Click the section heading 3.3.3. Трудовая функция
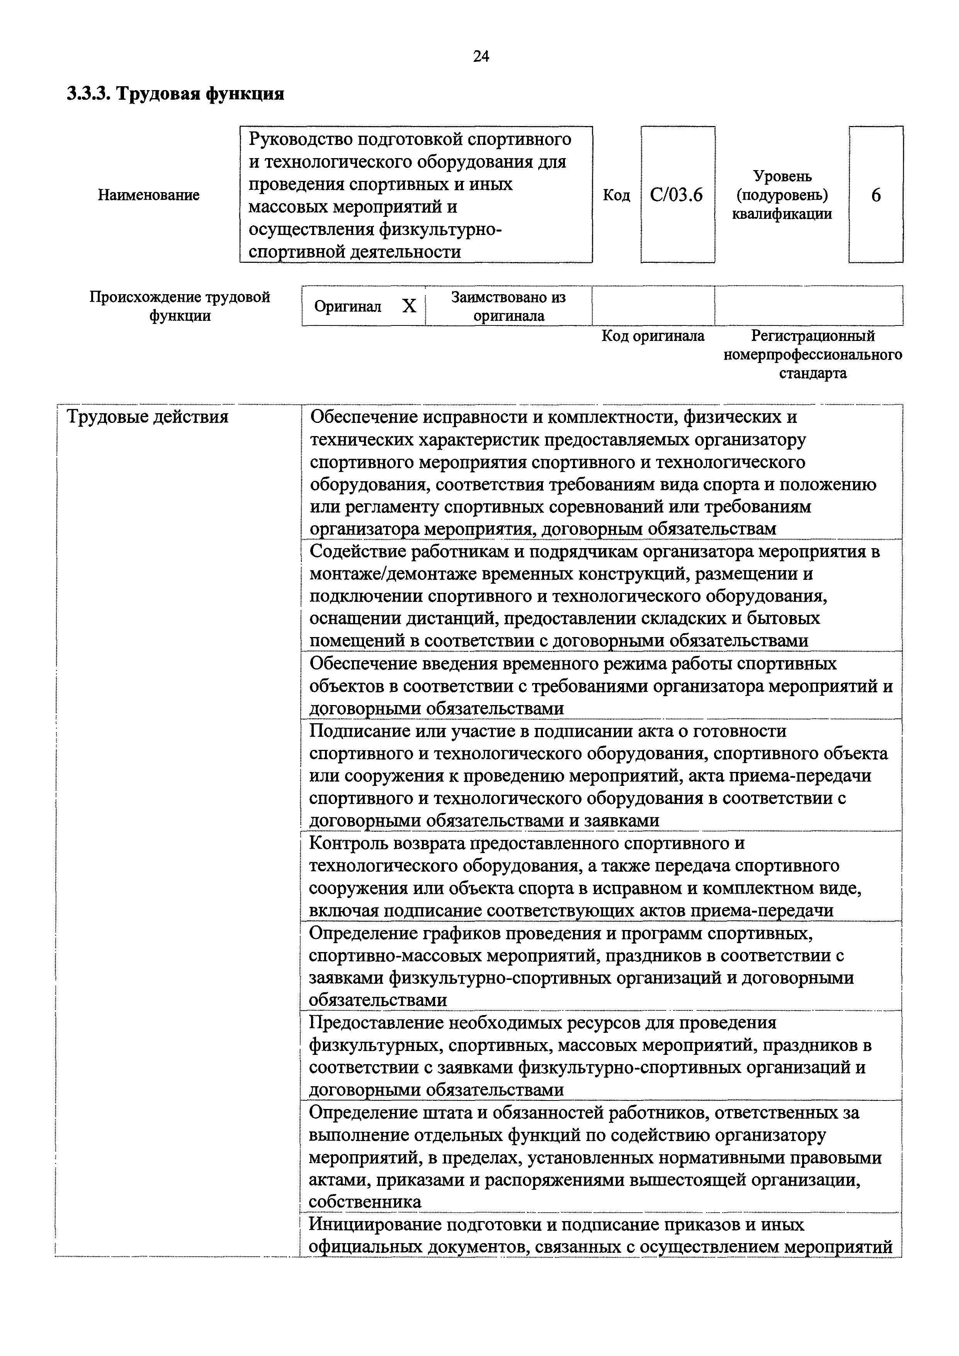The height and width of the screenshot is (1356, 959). click(175, 93)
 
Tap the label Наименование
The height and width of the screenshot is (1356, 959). click(148, 195)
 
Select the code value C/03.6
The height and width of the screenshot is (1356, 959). click(676, 195)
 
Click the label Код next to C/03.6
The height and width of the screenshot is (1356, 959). click(616, 195)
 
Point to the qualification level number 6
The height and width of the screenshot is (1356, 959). click(876, 195)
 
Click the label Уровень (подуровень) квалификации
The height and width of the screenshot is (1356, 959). click(782, 195)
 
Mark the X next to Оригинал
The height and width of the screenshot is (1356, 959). click(409, 306)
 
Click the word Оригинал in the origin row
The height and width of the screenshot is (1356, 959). click(348, 306)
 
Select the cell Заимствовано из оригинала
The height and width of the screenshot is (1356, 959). click(508, 306)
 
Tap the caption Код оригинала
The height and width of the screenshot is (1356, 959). click(653, 336)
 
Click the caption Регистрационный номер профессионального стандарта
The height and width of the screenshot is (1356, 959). click(813, 354)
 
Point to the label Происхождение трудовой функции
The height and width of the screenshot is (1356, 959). click(180, 306)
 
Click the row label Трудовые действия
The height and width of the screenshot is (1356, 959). click(148, 417)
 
